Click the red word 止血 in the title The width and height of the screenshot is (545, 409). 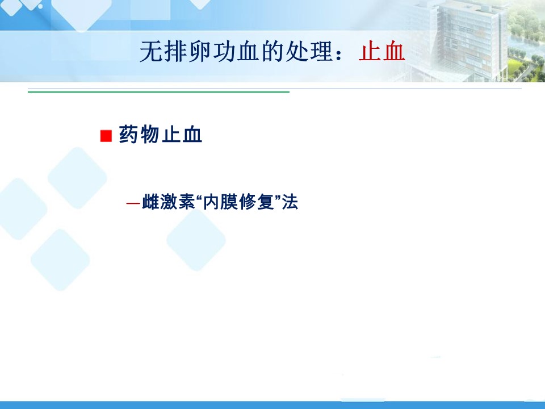[x=381, y=52]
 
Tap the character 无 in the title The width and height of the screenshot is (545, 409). [x=151, y=52]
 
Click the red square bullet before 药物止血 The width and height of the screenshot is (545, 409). [x=106, y=136]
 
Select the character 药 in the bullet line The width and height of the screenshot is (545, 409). [x=129, y=135]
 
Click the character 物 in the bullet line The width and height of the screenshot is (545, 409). [x=150, y=135]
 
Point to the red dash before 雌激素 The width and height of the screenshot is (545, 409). [x=133, y=203]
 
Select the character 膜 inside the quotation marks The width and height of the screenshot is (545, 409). [x=229, y=202]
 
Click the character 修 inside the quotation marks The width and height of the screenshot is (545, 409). [x=247, y=202]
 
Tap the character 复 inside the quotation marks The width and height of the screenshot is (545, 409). [x=266, y=202]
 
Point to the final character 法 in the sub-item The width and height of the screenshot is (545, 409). [x=290, y=202]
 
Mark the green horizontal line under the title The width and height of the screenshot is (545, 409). [x=158, y=92]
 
